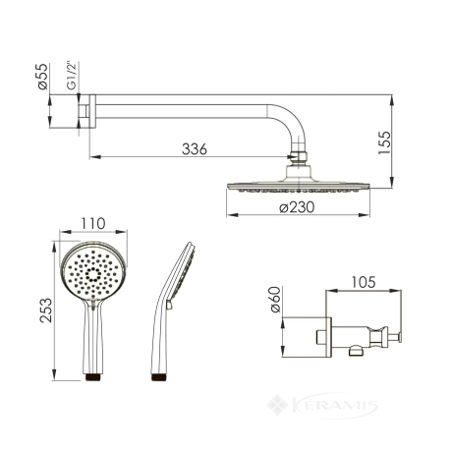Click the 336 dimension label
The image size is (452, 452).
click(195, 149)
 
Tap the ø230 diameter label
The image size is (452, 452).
click(297, 207)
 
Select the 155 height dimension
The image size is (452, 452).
click(384, 142)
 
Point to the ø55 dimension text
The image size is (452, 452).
click(43, 77)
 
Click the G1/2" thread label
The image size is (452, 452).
click(71, 75)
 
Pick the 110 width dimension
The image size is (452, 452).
click(93, 224)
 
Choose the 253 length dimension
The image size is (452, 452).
click(46, 311)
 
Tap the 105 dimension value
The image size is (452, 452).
click(364, 282)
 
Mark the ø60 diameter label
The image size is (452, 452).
click(275, 300)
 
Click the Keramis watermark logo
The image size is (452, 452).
click(322, 406)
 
